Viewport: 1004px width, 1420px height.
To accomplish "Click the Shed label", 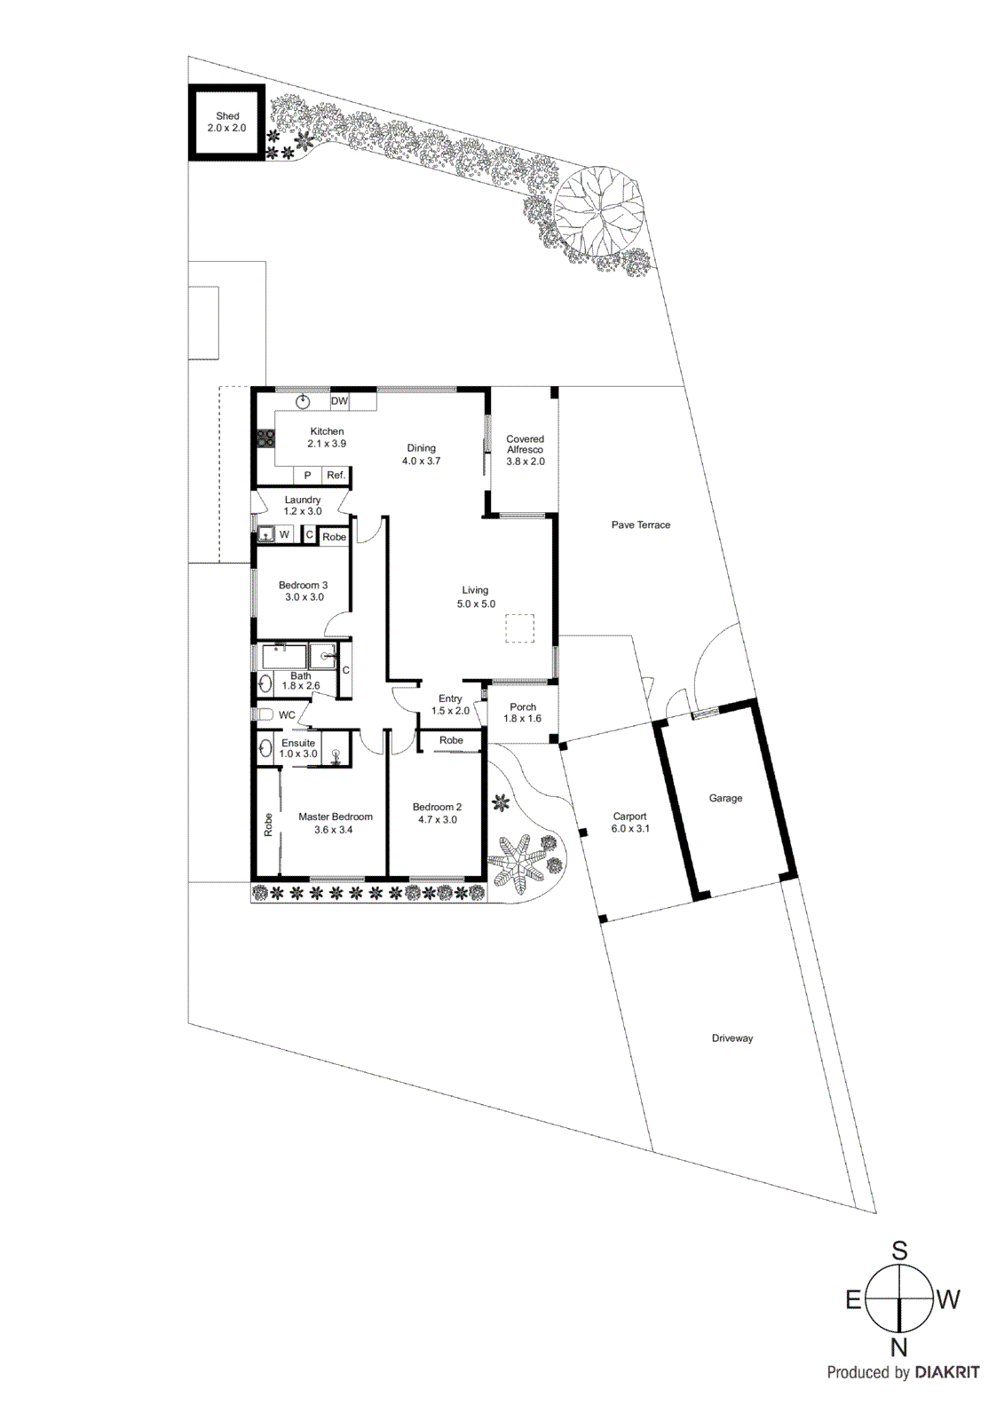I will coord(227,116).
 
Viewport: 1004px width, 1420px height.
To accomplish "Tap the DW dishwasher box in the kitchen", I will coord(339,401).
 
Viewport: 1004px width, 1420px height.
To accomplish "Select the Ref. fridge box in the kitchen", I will coord(336,476).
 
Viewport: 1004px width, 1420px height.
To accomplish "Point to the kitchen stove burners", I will coord(265,437).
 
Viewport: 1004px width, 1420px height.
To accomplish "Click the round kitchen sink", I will coord(304,401).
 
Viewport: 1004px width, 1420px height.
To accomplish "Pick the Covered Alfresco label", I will coord(525,444).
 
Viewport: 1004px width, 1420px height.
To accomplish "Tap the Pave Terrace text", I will coord(640,525).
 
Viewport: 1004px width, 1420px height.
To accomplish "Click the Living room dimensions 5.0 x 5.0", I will coord(476,604).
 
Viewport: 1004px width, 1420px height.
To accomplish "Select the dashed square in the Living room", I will coord(519,628).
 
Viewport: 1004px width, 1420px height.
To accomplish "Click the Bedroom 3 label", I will coord(303,586).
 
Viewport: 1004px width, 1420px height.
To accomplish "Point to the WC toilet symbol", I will coord(264,714).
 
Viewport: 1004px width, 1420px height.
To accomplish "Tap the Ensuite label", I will coord(298,744).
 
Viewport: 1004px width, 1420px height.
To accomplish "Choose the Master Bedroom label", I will coord(335,817).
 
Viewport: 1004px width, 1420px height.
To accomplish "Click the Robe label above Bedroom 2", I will coord(451,740).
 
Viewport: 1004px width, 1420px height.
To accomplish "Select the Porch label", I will coord(523,707).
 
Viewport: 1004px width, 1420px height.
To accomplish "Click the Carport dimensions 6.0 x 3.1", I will coord(630,829).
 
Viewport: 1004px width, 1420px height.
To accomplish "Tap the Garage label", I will coord(725,799).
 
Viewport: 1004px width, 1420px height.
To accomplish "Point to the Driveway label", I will coord(731,1038).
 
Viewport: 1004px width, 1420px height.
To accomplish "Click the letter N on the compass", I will coord(899,1347).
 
